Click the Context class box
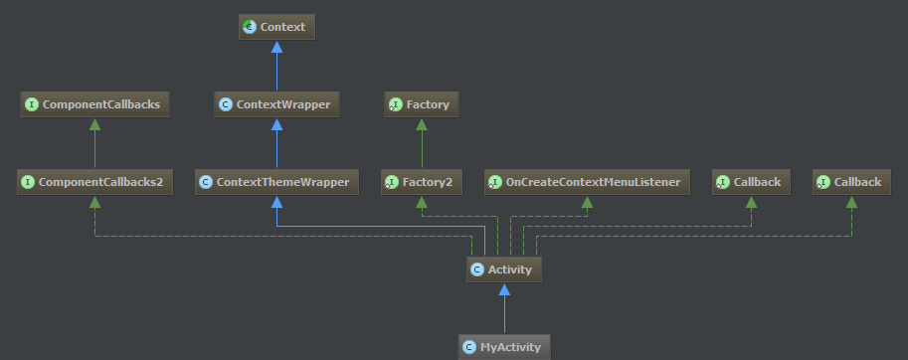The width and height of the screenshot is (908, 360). pyautogui.click(x=277, y=28)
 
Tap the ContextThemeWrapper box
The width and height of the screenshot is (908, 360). pyautogui.click(x=277, y=182)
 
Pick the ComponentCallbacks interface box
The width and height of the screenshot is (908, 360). pyautogui.click(x=94, y=103)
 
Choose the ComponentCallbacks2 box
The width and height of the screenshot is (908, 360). pyautogui.click(x=94, y=182)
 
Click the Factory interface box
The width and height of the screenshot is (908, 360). pyautogui.click(x=421, y=103)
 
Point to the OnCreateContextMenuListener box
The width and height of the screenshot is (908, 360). pyautogui.click(x=586, y=182)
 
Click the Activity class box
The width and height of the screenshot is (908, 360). pyautogui.click(x=504, y=269)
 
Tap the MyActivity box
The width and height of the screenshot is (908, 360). pyautogui.click(x=504, y=346)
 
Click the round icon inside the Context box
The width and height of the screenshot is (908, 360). pyautogui.click(x=250, y=28)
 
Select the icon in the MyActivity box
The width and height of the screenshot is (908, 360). pyautogui.click(x=469, y=346)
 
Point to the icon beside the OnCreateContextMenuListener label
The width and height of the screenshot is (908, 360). pyautogui.click(x=495, y=182)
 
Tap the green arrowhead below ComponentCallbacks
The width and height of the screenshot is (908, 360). pyautogui.click(x=94, y=124)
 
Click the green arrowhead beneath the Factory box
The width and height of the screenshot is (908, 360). pyautogui.click(x=421, y=124)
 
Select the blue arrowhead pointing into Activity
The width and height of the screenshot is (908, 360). pyautogui.click(x=504, y=289)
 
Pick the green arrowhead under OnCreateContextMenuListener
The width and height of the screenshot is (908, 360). pyautogui.click(x=586, y=203)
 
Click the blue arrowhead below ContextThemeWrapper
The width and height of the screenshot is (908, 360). pyautogui.click(x=277, y=203)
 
